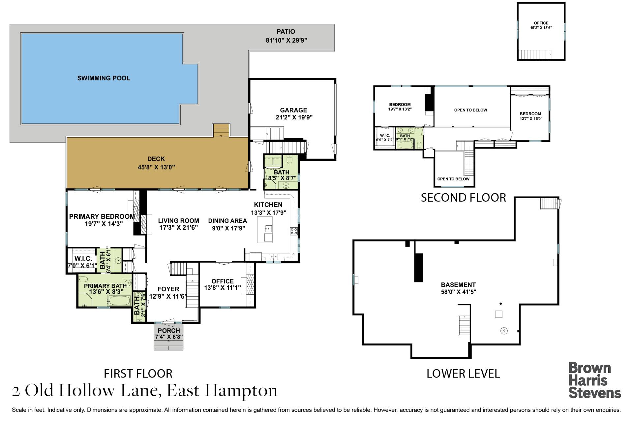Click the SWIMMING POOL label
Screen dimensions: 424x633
point(104,78)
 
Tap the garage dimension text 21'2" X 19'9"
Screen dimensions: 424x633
point(294,117)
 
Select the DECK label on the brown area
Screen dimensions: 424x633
point(156,159)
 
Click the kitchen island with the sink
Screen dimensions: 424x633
point(265,229)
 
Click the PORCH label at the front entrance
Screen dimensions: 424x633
point(169,331)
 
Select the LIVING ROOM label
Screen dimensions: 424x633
point(178,221)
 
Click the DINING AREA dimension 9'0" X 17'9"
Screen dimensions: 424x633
point(228,228)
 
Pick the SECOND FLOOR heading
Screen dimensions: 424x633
point(463,198)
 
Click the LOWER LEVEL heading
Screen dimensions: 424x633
point(463,374)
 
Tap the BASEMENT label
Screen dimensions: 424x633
point(458,285)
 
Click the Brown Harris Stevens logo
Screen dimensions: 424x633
point(594,380)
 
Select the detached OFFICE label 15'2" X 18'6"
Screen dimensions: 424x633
point(541,25)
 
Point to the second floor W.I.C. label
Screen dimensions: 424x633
point(385,136)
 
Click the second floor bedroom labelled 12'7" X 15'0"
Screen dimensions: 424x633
point(530,116)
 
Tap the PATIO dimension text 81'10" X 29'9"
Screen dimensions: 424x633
point(286,41)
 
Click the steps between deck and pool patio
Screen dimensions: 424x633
point(221,130)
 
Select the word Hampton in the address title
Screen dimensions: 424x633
point(241,391)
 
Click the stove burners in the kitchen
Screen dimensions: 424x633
point(294,231)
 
